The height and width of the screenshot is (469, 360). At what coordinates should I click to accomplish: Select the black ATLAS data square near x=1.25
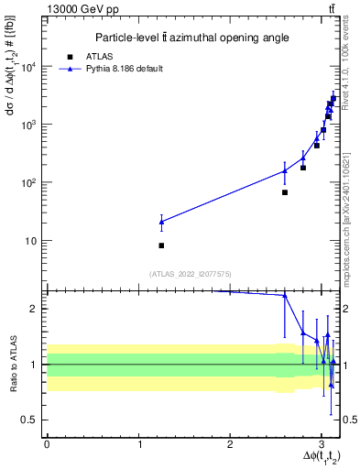161,245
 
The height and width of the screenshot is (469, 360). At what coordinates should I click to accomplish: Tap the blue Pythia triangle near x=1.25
161,222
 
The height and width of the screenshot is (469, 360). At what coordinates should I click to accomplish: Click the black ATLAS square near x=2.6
285,192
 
